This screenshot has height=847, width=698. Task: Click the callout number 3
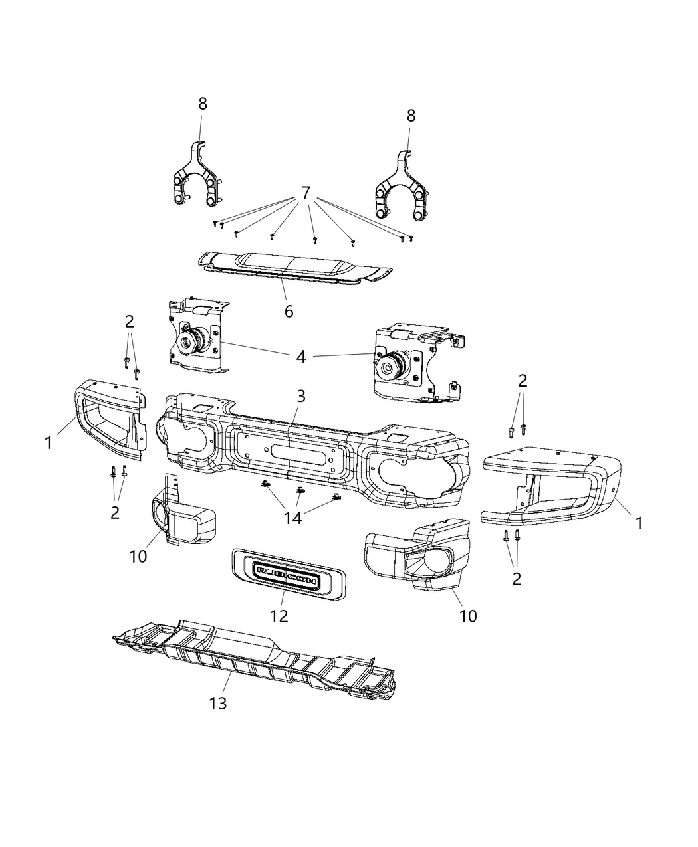tap(301, 397)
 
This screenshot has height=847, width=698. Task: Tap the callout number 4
tap(301, 357)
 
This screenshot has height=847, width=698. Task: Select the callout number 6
tap(289, 311)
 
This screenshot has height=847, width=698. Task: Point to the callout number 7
tap(306, 193)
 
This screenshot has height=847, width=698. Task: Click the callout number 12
tap(279, 616)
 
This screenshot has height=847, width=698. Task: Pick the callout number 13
tap(218, 703)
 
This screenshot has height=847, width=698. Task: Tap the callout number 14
tap(293, 518)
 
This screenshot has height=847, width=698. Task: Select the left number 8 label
tap(203, 104)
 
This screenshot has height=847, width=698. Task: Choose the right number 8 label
tap(411, 116)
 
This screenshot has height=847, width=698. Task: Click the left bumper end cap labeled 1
tap(110, 419)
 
